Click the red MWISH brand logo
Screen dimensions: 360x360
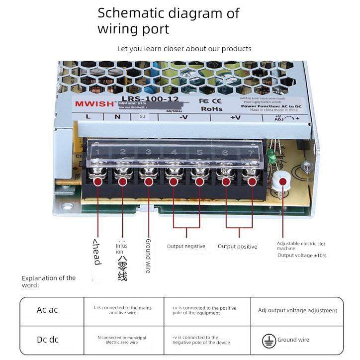(93, 103)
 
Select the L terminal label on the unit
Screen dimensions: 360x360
(88, 117)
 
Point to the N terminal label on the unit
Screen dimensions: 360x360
(117, 117)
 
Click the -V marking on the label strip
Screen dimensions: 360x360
(183, 117)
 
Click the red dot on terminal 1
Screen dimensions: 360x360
(98, 181)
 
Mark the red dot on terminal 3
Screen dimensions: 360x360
(148, 181)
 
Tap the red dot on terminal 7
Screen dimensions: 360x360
(252, 181)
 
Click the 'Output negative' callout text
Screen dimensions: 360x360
(186, 247)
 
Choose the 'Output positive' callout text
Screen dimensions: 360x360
(238, 247)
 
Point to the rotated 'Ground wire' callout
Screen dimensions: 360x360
(148, 256)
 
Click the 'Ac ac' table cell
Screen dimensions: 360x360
(47, 310)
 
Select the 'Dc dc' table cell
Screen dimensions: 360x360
(47, 340)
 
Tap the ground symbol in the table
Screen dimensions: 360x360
(269, 340)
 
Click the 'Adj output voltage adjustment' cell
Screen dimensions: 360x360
(297, 310)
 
